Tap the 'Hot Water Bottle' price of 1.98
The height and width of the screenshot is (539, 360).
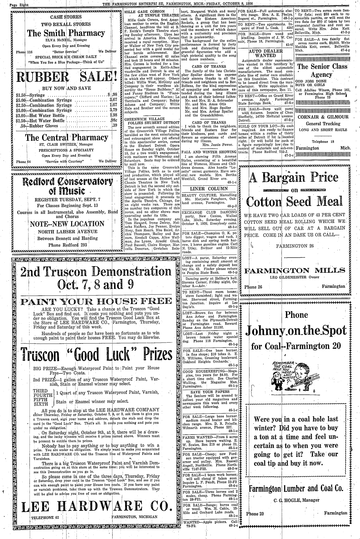(113, 115)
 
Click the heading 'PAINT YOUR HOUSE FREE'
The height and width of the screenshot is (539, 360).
(93, 301)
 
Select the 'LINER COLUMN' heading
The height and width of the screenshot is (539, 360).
(209, 189)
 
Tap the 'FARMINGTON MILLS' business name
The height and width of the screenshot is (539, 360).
(294, 270)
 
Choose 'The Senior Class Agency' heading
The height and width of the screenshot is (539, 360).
(322, 71)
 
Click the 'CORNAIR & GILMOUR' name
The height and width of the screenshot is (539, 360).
(323, 117)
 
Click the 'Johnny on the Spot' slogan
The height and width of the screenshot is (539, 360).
(296, 331)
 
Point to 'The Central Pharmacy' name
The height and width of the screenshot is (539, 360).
(66, 138)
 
